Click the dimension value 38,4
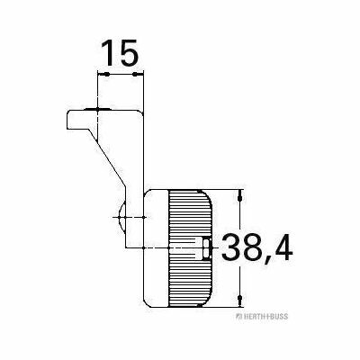coord(256,248)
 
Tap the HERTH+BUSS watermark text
coord(262,317)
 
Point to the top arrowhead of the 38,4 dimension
coord(239,195)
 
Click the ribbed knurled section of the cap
coord(190,248)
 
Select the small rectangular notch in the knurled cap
coord(206,248)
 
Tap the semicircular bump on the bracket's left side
coord(121,217)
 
